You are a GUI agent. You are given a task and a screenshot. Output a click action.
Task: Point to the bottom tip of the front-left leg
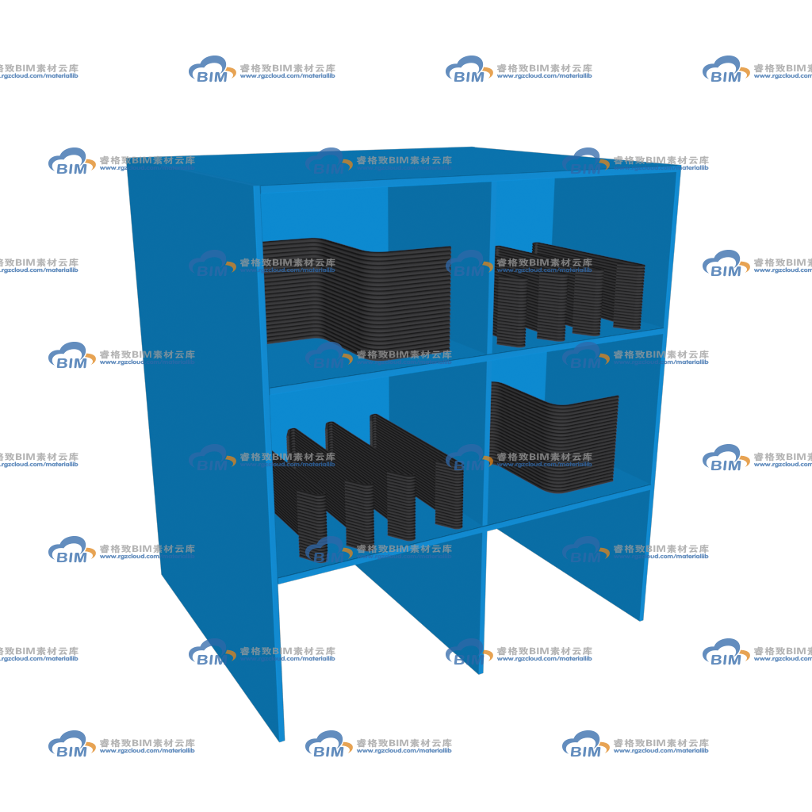pos(281,739)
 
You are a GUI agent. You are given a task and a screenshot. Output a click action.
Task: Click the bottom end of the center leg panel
pos(481,671)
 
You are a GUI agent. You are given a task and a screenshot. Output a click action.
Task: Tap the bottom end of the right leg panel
pos(642,618)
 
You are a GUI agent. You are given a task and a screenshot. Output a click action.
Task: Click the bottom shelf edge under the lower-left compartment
pos(381,555)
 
